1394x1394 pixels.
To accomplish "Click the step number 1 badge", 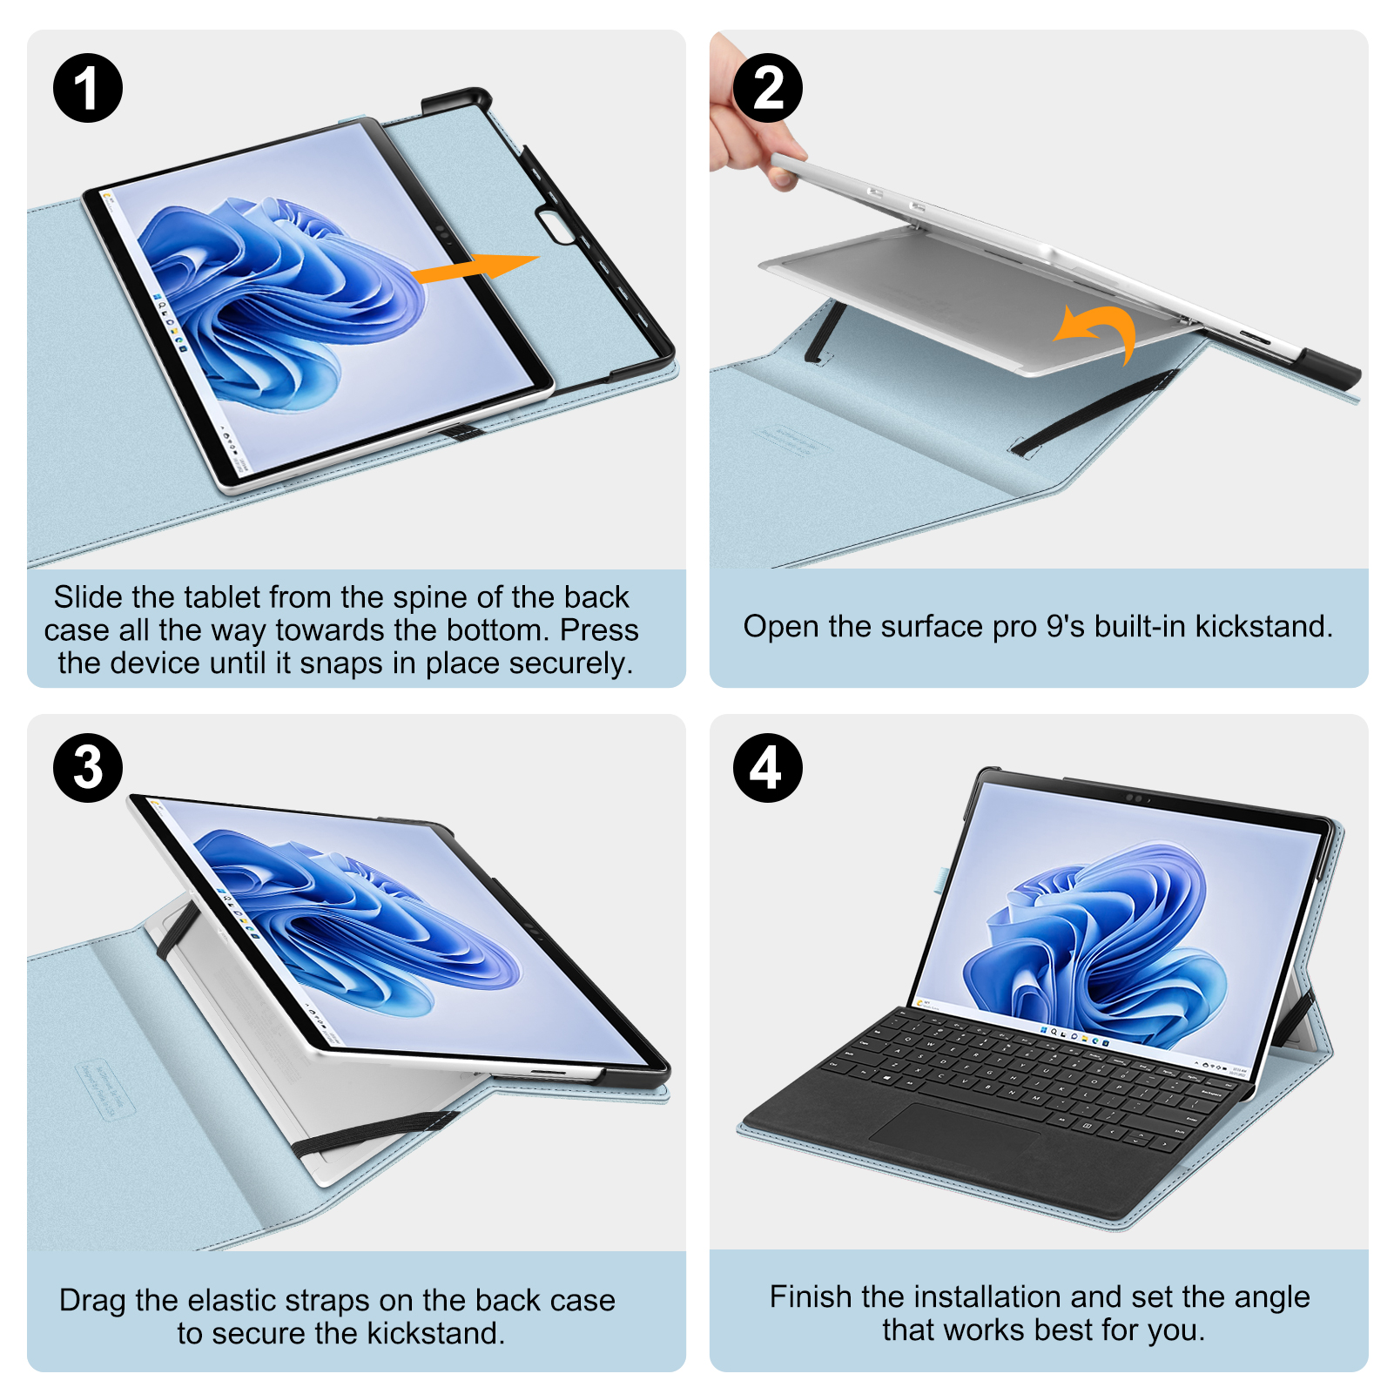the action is click(x=88, y=88).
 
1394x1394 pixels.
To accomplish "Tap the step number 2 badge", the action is click(x=768, y=88).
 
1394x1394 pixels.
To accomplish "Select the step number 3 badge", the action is click(x=88, y=768).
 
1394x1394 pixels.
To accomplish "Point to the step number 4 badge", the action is click(x=768, y=768).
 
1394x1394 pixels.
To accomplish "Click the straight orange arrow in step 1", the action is click(x=475, y=267).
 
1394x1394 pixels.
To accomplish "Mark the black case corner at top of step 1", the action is click(x=456, y=100).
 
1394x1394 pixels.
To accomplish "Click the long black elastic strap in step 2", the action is click(x=1094, y=414).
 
